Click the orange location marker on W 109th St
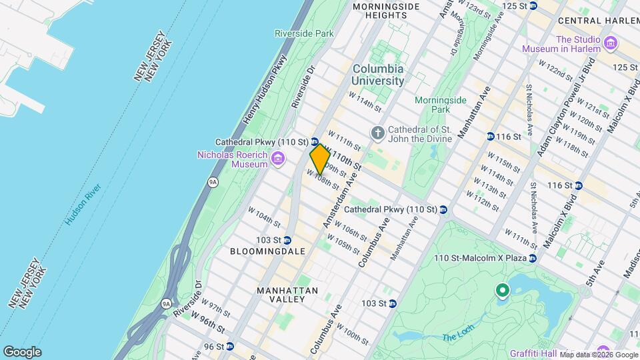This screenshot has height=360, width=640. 320,159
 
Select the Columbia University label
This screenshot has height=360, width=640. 378,75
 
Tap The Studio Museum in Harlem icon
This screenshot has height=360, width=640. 611,44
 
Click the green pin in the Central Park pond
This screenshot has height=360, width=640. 502,291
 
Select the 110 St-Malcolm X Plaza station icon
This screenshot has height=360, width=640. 532,259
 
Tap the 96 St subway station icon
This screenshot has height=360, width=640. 230,347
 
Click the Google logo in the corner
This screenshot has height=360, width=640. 22,351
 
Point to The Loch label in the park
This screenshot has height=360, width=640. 457,337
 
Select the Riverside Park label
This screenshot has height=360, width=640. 294,33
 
